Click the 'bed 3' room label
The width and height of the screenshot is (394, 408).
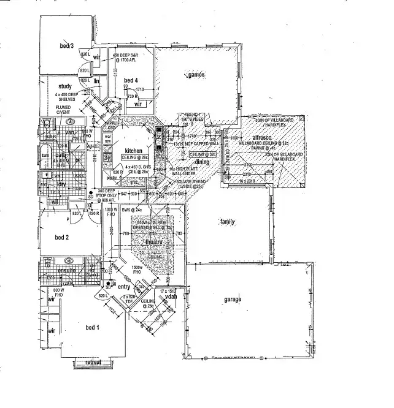(x=67, y=46)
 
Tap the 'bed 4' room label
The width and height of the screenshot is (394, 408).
(x=131, y=80)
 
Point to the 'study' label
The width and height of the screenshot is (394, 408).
(x=66, y=86)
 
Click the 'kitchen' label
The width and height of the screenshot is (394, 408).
(x=133, y=151)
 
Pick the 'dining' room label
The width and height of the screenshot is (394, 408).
(x=202, y=162)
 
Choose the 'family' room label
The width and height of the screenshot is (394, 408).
(x=228, y=221)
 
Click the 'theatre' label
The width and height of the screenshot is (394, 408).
(x=153, y=243)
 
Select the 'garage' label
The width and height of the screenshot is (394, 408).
(x=232, y=299)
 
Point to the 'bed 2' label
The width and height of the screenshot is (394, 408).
(x=61, y=237)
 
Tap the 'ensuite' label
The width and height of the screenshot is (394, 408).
(x=66, y=270)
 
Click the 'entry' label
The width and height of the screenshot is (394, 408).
(x=124, y=287)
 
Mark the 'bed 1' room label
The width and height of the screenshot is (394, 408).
(x=92, y=328)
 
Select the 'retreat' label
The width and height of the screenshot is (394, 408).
(x=93, y=363)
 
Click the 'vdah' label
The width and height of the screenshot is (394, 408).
(x=171, y=297)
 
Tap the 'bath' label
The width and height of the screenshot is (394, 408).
(x=45, y=156)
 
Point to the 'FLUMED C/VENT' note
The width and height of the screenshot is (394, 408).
(x=63, y=110)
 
